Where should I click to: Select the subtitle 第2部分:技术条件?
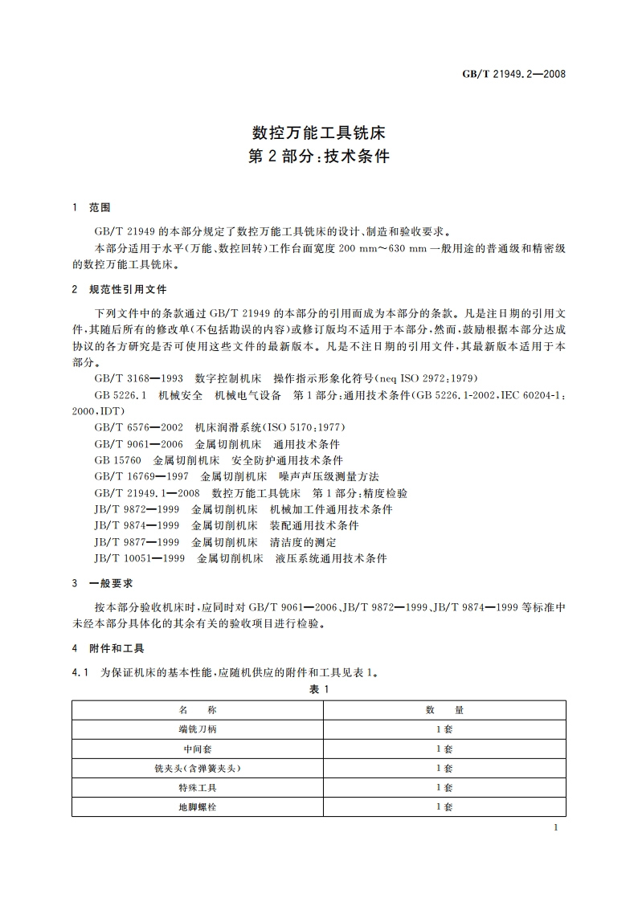319,156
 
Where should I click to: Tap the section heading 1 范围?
91,207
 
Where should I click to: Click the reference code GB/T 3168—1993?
138,378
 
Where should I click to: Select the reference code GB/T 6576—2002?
138,427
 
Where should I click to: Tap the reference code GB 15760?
117,460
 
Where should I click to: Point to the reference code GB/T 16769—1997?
141,476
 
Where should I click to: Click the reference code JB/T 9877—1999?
137,542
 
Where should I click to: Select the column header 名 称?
197,710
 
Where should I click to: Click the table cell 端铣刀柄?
197,729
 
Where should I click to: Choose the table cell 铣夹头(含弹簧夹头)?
197,768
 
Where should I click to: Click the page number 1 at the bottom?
556,828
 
